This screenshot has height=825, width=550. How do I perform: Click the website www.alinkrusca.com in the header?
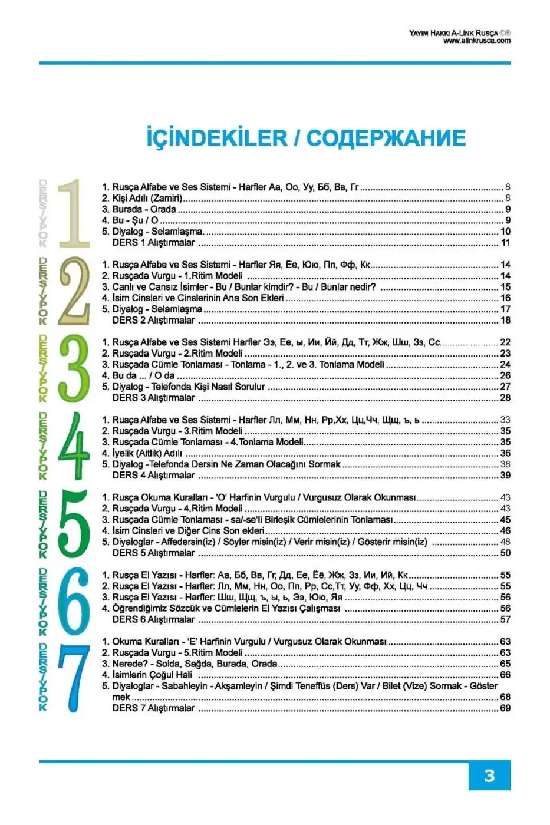[x=476, y=41]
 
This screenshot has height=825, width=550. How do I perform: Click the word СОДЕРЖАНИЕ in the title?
[x=386, y=138]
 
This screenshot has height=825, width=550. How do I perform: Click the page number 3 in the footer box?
[x=489, y=775]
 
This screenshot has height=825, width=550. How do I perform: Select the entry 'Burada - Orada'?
[x=144, y=209]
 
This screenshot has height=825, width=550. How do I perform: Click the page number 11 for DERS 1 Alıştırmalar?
[x=505, y=242]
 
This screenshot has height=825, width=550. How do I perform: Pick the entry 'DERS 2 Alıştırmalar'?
[x=153, y=320]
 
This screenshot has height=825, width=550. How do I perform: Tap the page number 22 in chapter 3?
[x=505, y=342]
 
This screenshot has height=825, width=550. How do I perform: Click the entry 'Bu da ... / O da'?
[x=143, y=375]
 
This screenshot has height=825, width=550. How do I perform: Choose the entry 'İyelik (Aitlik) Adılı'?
[x=147, y=453]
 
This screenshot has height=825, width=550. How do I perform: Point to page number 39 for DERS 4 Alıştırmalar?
[x=505, y=475]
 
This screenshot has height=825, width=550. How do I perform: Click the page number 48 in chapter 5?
[x=505, y=542]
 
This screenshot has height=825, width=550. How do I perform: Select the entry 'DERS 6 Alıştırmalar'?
[x=153, y=619]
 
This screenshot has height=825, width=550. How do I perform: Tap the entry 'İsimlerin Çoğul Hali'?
[x=152, y=675]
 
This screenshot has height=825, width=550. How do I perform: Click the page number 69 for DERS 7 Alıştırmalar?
[x=505, y=708]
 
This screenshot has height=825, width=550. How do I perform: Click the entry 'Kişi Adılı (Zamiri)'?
[x=147, y=198]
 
